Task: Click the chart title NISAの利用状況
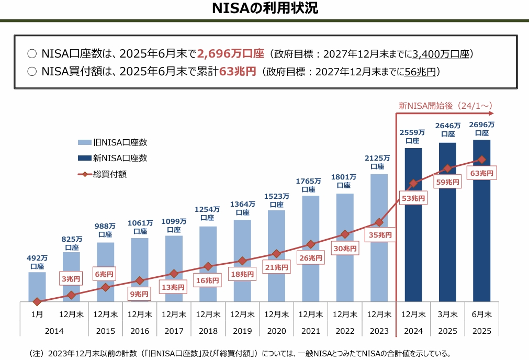pos(265,9)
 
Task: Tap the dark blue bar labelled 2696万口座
pos(481,230)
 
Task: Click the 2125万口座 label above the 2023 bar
pos(378,162)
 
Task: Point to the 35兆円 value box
pos(380,235)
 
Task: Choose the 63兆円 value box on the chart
pos(481,173)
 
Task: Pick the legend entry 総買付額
pos(110,174)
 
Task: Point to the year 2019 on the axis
pos(242,331)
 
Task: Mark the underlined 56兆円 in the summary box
pos(420,72)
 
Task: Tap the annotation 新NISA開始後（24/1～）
pos(445,105)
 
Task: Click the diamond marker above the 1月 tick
pos(37,301)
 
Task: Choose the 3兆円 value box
pos(72,279)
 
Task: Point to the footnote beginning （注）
pos(240,353)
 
